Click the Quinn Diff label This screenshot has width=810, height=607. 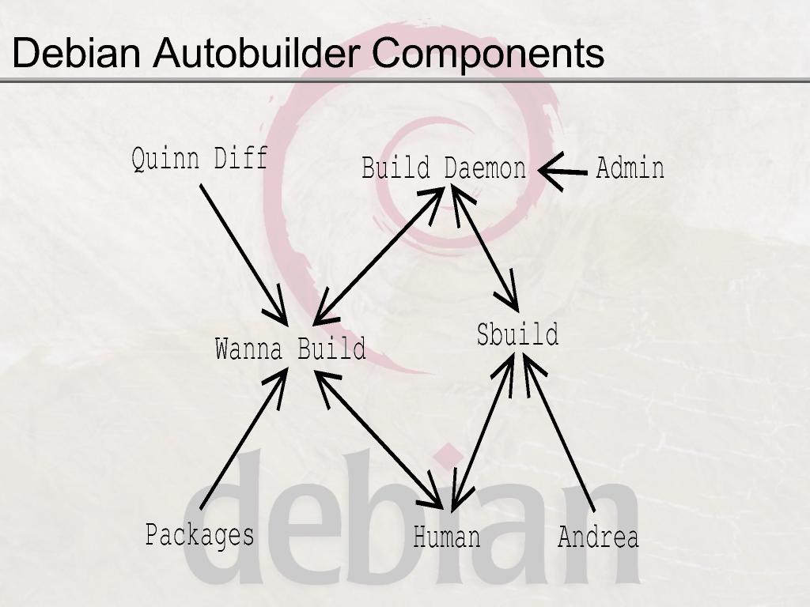pos(199,159)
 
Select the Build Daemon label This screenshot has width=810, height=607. pos(444,168)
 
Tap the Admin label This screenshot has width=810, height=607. pos(630,168)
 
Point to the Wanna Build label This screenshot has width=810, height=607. pos(290,349)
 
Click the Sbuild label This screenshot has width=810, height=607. pos(517,334)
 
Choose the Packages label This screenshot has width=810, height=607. pos(200,535)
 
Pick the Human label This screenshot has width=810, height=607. pos(447,537)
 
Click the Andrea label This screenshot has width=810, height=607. pos(598,537)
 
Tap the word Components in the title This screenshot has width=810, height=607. pos(488,53)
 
